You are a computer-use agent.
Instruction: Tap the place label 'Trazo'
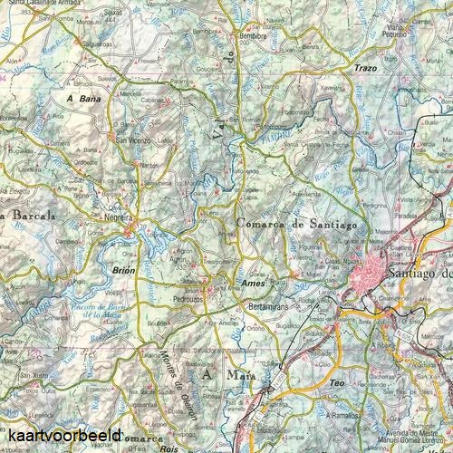pos(366,68)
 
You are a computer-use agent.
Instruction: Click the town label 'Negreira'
pos(119,218)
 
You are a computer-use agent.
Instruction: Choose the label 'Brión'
pos(123,269)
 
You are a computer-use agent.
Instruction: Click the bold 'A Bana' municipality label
pos(82,96)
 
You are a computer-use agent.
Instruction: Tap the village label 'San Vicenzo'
pos(132,140)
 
